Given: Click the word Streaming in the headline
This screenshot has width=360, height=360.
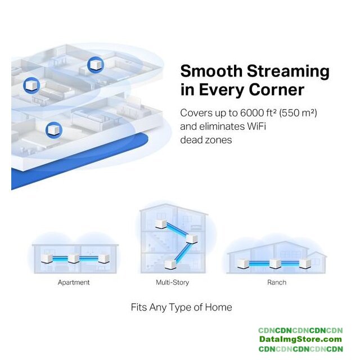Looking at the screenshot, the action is (x=288, y=71).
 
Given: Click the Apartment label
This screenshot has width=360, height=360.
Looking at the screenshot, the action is (x=74, y=282).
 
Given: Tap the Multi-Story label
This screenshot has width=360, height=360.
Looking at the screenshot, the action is (x=173, y=282).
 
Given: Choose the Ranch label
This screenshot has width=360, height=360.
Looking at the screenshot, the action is (x=277, y=282).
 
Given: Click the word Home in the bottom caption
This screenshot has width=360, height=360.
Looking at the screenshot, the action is (x=218, y=307).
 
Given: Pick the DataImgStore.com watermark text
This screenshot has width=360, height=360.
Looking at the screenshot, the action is (x=300, y=339).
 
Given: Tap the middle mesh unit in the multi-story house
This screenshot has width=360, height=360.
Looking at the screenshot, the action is (x=191, y=238).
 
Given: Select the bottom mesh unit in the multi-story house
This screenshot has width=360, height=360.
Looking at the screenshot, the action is (x=170, y=264).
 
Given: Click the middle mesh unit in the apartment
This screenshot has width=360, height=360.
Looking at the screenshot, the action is (x=74, y=259).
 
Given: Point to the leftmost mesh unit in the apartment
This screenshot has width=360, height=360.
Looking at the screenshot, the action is (x=47, y=259).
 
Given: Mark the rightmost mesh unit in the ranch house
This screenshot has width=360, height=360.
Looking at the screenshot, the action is (x=305, y=264).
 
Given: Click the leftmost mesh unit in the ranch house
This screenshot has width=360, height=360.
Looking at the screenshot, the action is (x=243, y=264).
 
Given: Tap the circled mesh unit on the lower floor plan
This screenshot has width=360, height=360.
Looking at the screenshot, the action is (x=54, y=130).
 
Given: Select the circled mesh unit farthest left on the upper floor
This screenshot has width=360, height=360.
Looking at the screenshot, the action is (x=31, y=85).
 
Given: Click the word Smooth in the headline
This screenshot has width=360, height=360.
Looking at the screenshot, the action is (x=211, y=71).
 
